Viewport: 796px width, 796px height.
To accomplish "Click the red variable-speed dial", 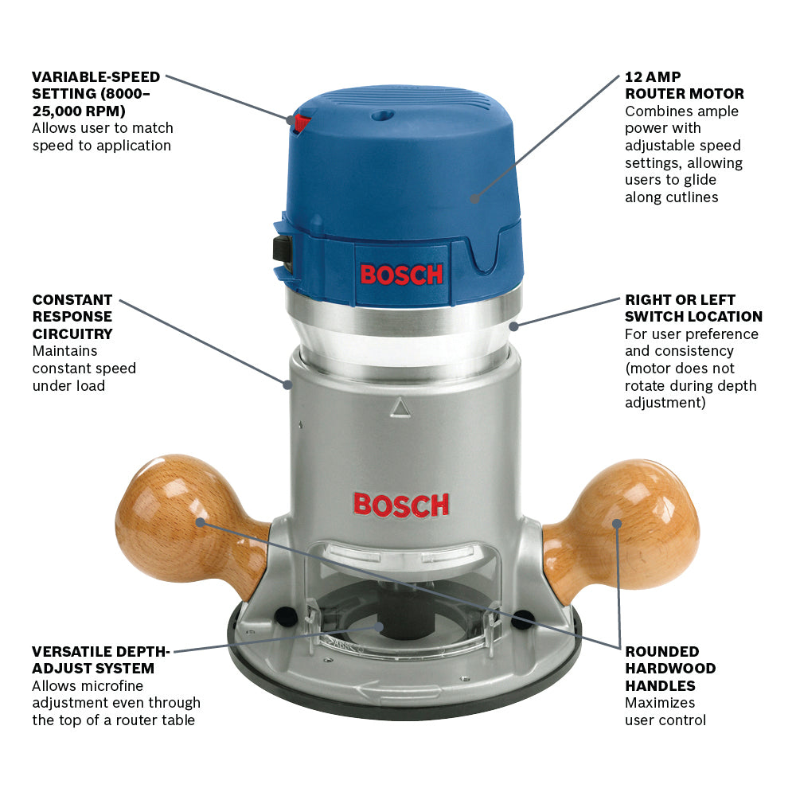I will point(302,123).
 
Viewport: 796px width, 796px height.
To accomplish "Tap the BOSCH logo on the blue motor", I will point(401,275).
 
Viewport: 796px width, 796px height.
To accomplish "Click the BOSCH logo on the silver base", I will point(401,505).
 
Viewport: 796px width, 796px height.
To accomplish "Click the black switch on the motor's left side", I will point(281,249).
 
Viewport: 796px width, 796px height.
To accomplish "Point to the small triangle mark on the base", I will point(400,408).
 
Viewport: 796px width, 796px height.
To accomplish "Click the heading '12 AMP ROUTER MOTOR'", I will point(684,86).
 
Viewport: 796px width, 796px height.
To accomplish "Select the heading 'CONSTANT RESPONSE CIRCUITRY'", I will point(72,317).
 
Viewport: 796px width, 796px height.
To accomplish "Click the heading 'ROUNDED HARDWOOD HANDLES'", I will point(669,668).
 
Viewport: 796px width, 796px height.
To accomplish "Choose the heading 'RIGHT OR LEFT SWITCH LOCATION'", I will point(693,308).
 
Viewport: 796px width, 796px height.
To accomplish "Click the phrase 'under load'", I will point(68,386).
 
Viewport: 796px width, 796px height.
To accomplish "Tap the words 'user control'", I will point(665,720).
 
